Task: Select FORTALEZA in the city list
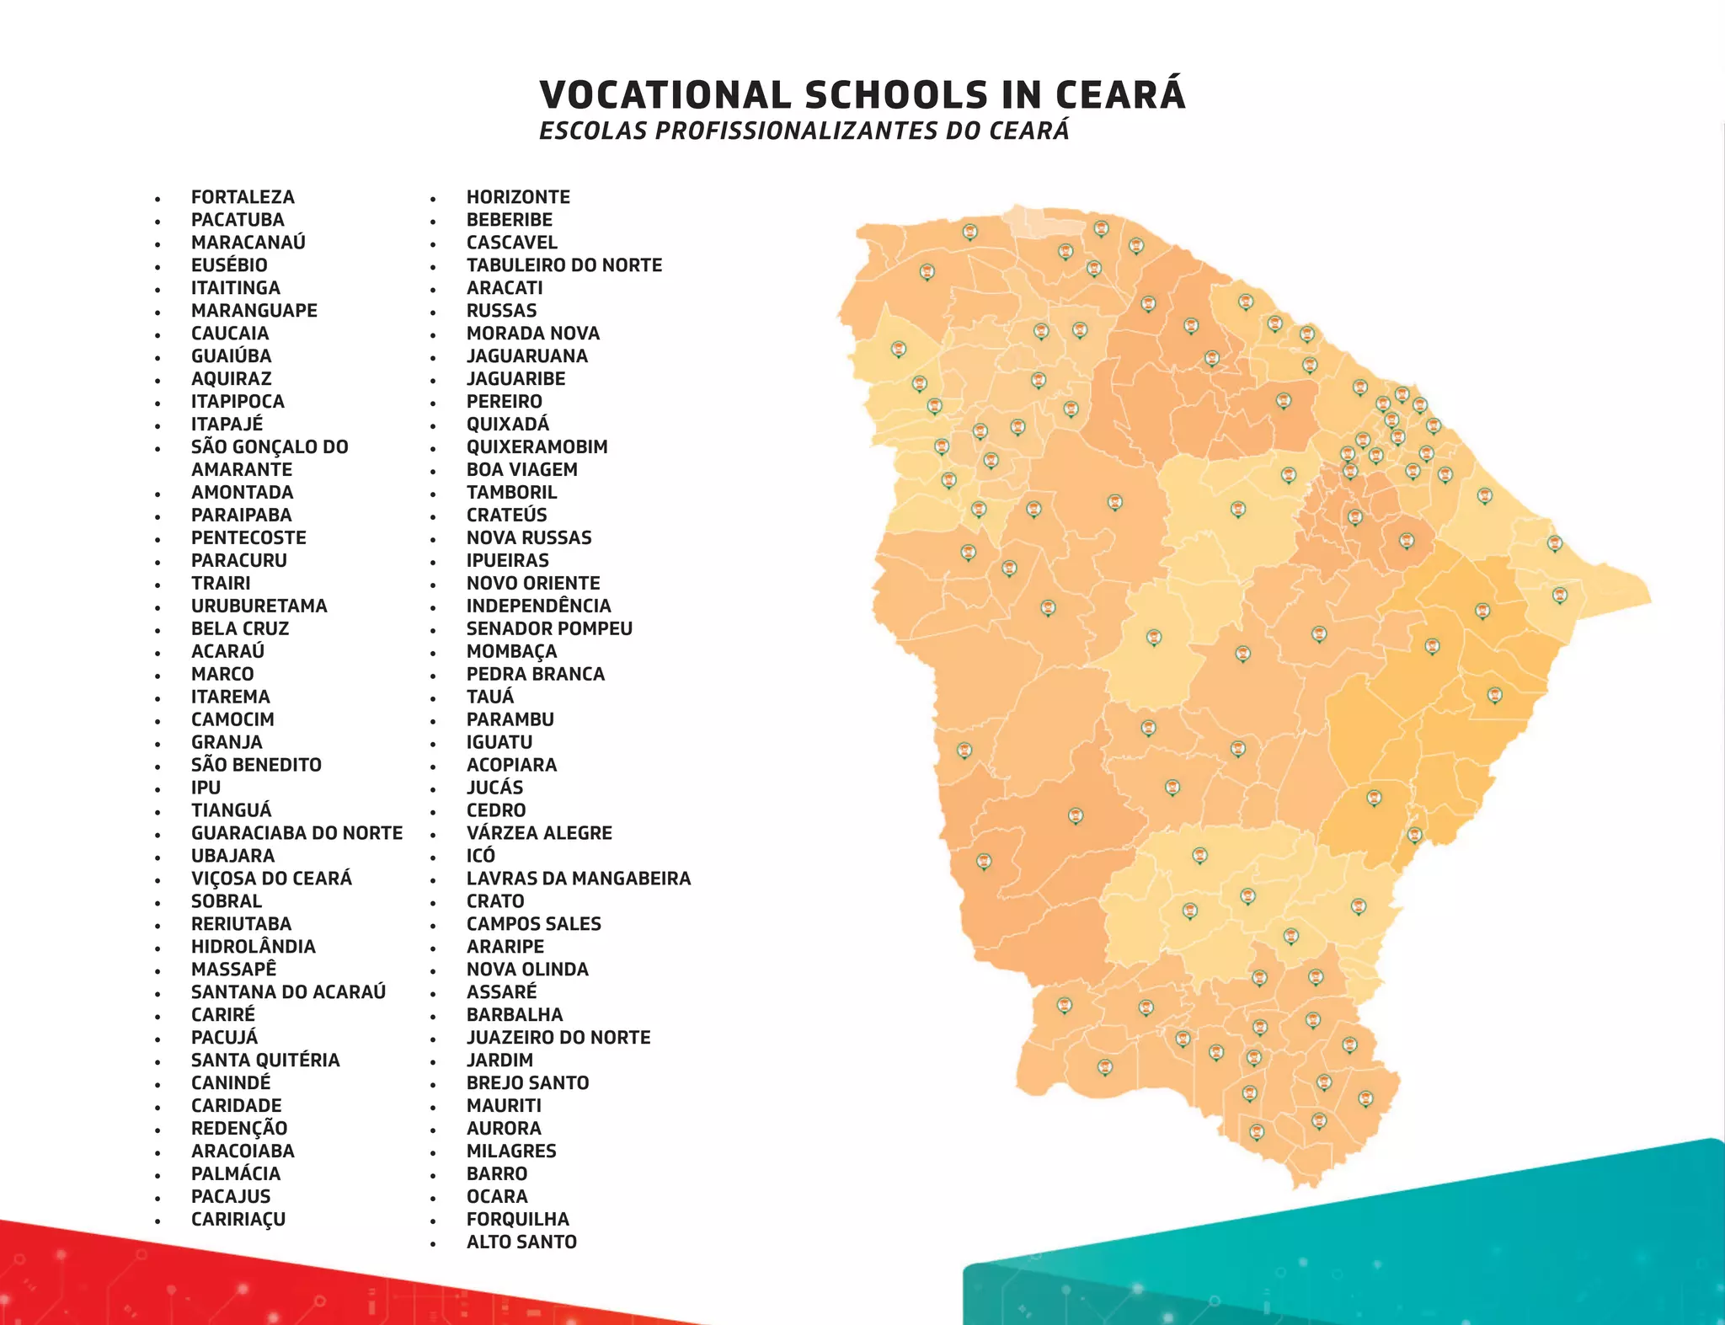point(243,197)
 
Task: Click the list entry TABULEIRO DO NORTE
point(563,265)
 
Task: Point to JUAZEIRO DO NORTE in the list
point(558,1038)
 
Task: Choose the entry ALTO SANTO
point(521,1242)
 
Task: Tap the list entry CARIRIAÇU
point(238,1219)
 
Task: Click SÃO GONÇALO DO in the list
point(270,447)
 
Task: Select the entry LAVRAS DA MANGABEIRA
point(578,879)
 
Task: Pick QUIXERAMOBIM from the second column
point(537,447)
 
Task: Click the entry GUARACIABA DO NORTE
point(296,833)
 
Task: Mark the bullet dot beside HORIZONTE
point(433,200)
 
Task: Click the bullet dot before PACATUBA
point(158,222)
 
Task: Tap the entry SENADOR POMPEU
point(549,628)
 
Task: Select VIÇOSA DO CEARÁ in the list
point(271,879)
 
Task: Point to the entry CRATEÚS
point(506,516)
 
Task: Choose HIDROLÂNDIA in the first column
point(253,947)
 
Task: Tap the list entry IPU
point(206,788)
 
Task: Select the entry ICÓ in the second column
point(480,856)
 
